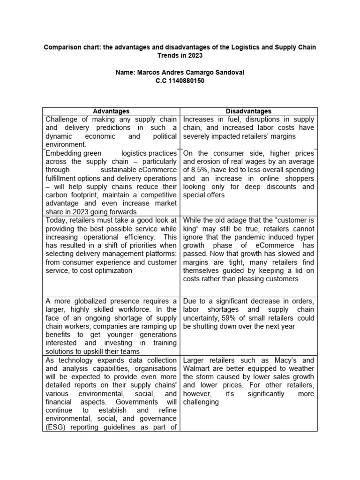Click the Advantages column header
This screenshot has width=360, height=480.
coord(111,111)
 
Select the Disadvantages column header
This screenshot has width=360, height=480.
coord(248,111)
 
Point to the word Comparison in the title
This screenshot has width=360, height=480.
coord(61,47)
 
